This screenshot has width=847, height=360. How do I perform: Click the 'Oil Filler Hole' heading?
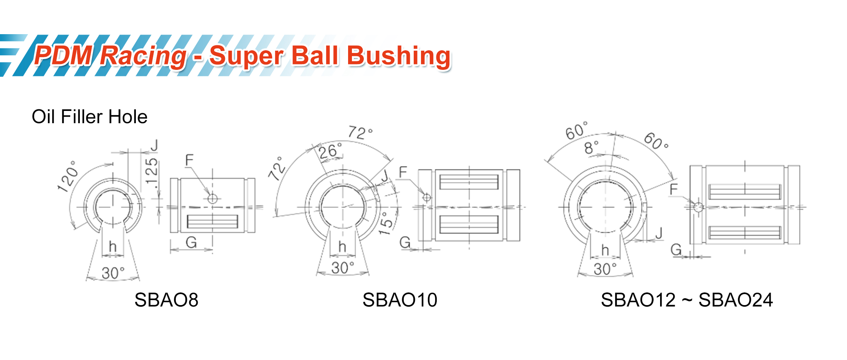tap(89, 117)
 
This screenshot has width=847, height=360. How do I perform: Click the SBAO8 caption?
tap(166, 300)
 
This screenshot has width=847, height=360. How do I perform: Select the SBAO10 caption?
tap(400, 300)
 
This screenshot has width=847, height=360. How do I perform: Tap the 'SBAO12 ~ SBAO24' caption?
tap(687, 300)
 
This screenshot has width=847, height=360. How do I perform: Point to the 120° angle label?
tap(68, 177)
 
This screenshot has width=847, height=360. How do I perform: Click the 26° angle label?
tap(330, 151)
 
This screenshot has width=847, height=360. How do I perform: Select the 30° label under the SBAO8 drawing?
tap(113, 273)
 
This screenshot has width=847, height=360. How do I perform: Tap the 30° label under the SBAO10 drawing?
tap(342, 268)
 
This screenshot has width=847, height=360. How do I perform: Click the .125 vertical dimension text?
tap(152, 173)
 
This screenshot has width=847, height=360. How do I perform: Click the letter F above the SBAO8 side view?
tap(189, 160)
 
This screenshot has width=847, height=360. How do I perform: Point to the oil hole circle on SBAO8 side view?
tap(212, 198)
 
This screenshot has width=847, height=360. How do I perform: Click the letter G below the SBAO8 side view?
tap(191, 243)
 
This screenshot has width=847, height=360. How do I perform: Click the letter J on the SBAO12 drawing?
tap(659, 233)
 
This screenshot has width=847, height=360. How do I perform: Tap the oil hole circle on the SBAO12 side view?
tap(698, 207)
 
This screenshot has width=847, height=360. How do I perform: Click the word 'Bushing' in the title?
tap(399, 56)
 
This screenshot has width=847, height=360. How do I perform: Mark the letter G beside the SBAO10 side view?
tap(405, 243)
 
